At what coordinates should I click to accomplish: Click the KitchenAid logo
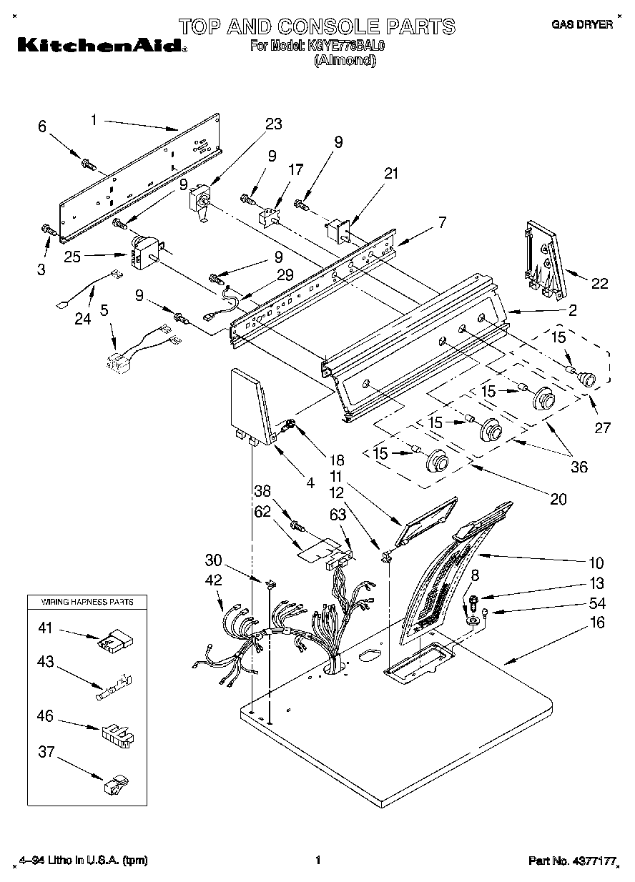click(99, 45)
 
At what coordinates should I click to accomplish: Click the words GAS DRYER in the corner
click(581, 24)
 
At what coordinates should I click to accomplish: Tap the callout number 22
click(599, 284)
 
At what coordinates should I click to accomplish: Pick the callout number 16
click(597, 623)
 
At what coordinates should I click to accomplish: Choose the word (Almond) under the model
click(345, 61)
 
